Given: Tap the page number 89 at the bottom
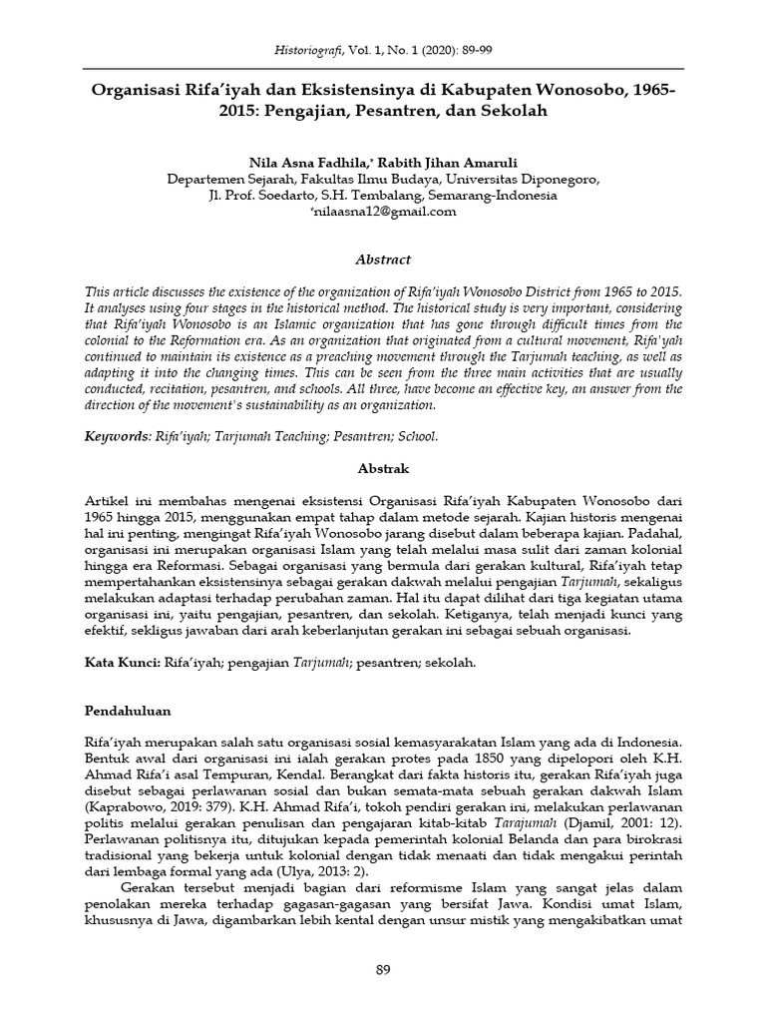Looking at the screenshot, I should (383, 970).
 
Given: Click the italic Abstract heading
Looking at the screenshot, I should (383, 259).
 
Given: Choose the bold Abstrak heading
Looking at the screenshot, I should (383, 467).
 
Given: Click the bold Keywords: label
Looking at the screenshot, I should (118, 436).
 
